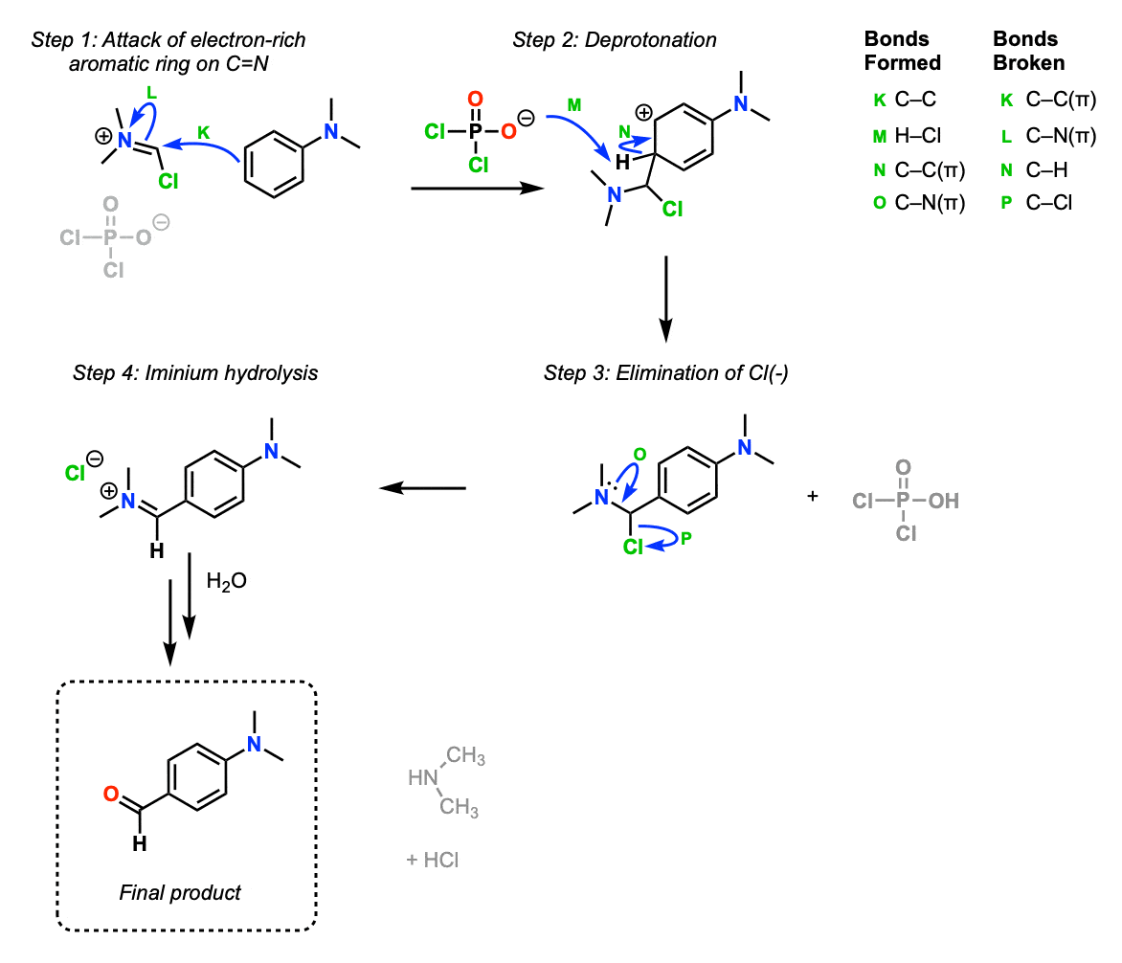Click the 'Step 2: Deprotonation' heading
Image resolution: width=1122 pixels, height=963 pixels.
tap(614, 39)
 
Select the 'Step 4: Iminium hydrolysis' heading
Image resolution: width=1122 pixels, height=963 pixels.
tap(195, 373)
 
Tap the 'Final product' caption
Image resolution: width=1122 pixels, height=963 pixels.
tap(180, 892)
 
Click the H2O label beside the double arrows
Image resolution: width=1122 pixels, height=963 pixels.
tap(226, 581)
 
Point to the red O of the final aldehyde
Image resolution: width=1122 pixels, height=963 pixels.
tap(111, 794)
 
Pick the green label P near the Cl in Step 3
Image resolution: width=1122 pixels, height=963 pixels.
tap(685, 540)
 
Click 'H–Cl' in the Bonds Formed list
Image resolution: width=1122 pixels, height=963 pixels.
tap(920, 135)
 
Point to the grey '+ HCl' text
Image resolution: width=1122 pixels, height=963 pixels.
tap(432, 860)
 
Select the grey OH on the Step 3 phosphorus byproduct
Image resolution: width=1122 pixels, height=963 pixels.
tap(943, 500)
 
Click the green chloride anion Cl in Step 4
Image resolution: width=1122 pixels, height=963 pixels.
tap(76, 473)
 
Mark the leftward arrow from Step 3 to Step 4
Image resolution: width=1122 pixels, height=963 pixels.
tap(422, 489)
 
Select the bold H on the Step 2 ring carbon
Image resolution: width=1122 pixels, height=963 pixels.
tap(622, 163)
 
